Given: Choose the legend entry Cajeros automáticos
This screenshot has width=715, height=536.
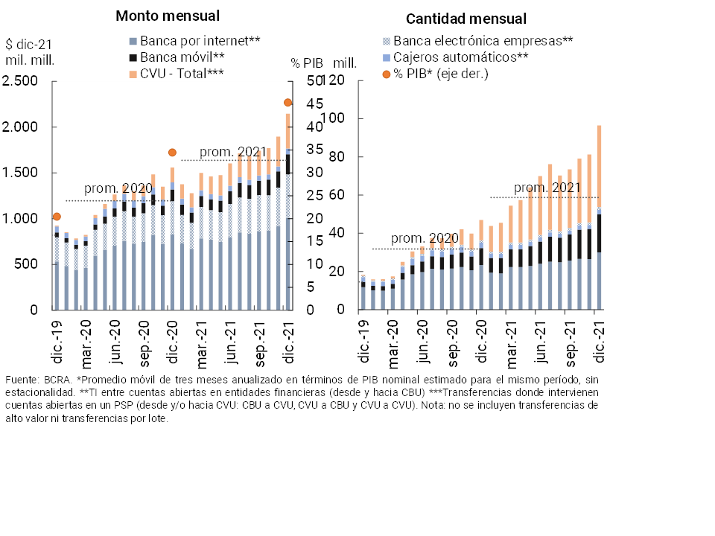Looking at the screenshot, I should click(x=460, y=57).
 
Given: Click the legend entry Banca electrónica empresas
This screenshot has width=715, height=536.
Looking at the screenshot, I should click(x=482, y=41).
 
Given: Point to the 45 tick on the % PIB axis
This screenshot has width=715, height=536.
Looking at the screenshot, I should click(x=296, y=103).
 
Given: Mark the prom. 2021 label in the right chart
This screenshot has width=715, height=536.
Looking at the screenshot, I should click(x=547, y=188).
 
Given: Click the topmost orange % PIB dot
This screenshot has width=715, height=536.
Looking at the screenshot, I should click(x=287, y=102).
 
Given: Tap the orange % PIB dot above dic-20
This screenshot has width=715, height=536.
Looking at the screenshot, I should click(x=172, y=152).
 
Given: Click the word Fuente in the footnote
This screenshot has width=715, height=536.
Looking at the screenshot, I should click(x=21, y=380).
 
